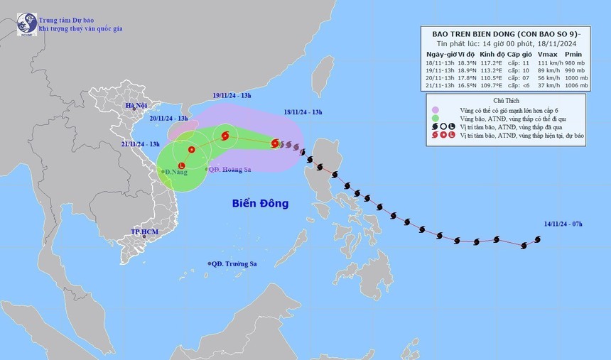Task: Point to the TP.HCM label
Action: (145, 232)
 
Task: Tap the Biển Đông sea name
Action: (261, 203)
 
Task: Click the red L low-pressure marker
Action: (182, 166)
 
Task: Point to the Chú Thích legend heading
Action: (508, 100)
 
